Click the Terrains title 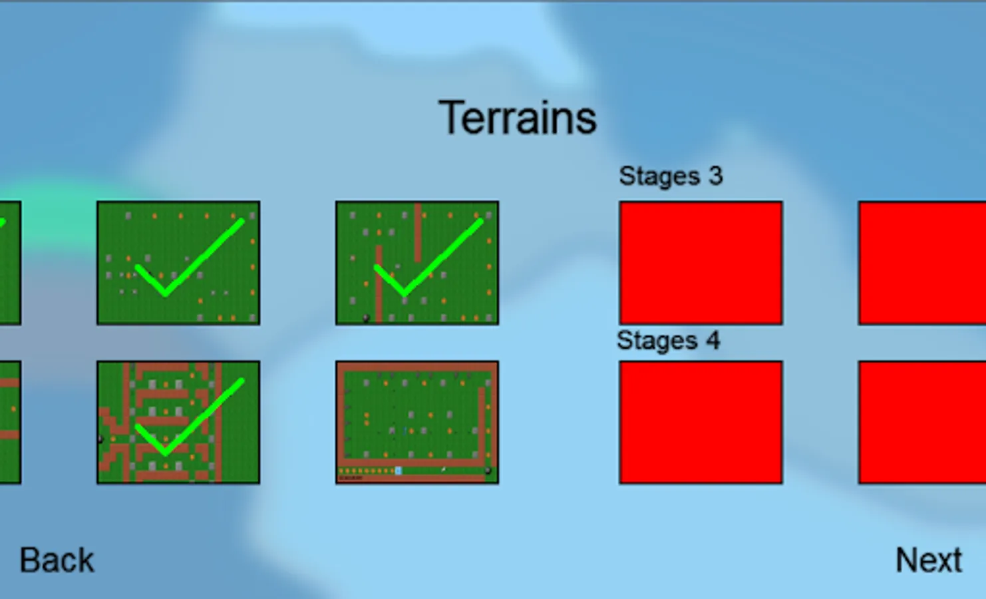[518, 118]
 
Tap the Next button [929, 560]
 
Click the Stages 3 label [671, 176]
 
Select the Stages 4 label [668, 341]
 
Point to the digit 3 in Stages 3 [716, 176]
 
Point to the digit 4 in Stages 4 [713, 340]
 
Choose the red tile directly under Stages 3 [701, 263]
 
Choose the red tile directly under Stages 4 [701, 423]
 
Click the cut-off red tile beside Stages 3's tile [922, 263]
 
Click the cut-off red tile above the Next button [922, 423]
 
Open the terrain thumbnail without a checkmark [417, 423]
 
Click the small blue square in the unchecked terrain [399, 471]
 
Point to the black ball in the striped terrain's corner [366, 318]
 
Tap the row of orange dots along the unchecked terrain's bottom [366, 471]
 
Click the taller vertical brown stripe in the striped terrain [379, 285]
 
